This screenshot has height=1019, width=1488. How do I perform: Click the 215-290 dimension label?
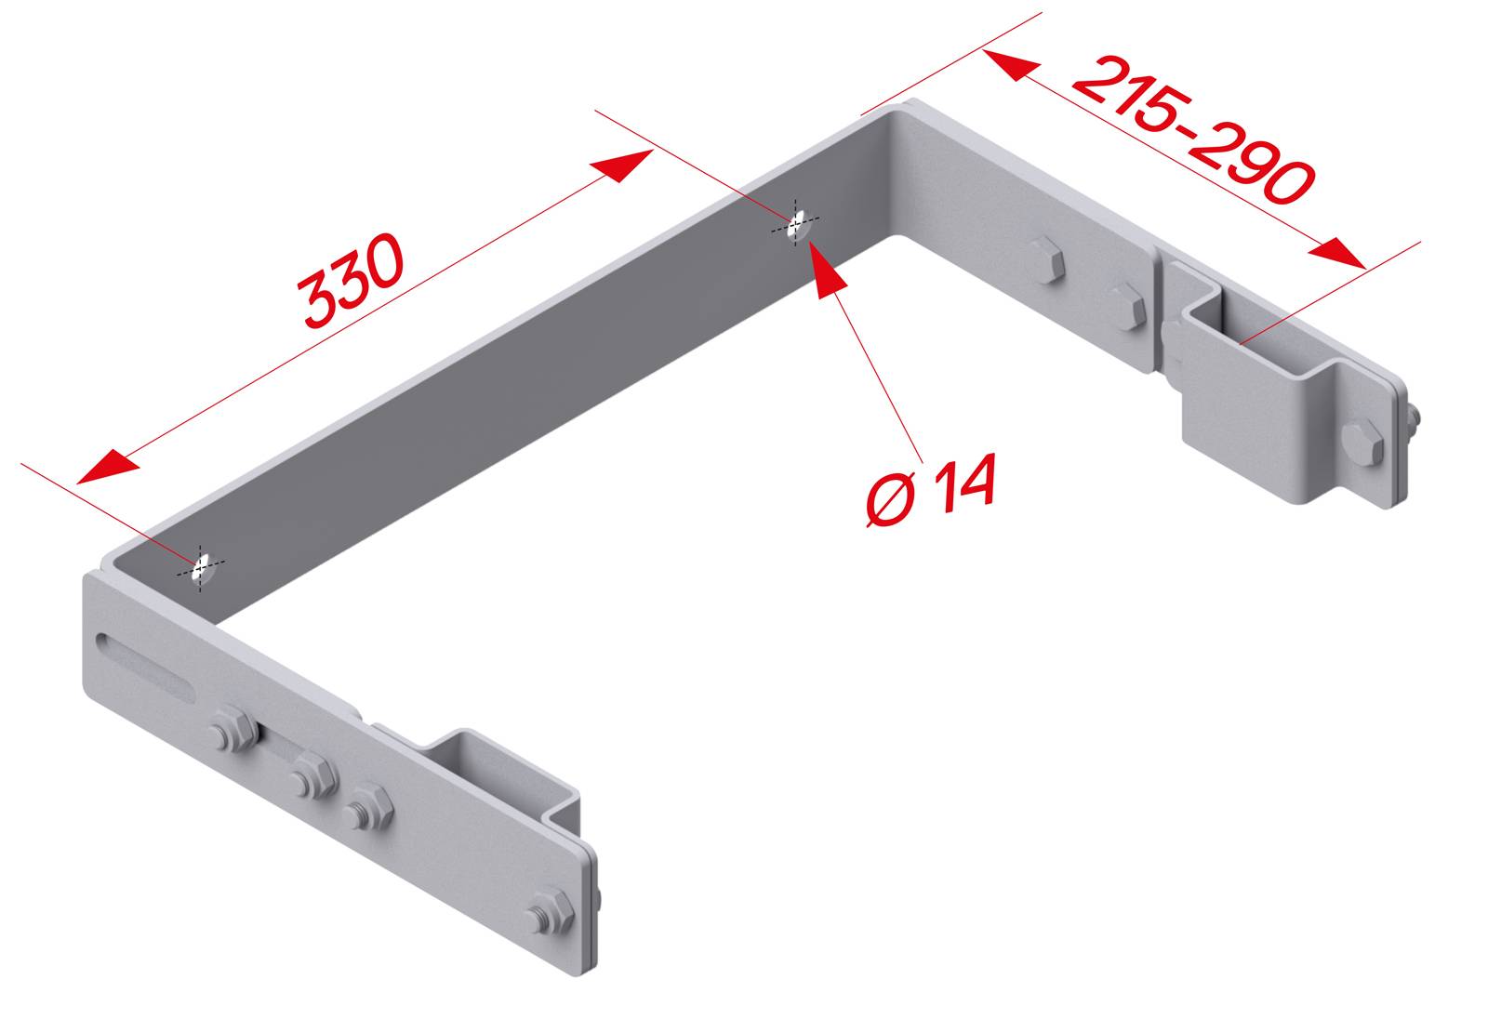pos(1194,130)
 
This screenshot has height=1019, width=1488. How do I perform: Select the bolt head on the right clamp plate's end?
pos(1364,445)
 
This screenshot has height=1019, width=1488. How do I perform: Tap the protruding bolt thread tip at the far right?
pos(1415,423)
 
